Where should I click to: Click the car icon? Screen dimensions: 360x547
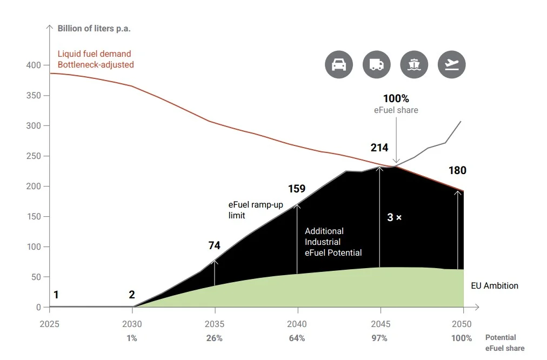pyautogui.click(x=338, y=65)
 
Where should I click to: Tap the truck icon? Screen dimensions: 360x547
pyautogui.click(x=376, y=65)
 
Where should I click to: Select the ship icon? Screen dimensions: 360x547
pyautogui.click(x=414, y=65)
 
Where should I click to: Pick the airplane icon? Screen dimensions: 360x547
pyautogui.click(x=451, y=65)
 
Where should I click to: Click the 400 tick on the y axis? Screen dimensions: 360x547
pyautogui.click(x=34, y=65)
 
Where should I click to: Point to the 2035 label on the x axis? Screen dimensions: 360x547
pyautogui.click(x=215, y=324)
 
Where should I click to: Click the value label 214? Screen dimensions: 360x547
pyautogui.click(x=380, y=148)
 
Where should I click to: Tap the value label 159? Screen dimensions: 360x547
pyautogui.click(x=296, y=189)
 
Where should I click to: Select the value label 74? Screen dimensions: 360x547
pyautogui.click(x=214, y=245)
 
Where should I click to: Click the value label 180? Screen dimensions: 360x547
pyautogui.click(x=457, y=171)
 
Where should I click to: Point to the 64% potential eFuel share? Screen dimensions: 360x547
pyautogui.click(x=297, y=338)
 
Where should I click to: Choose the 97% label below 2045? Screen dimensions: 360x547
pyautogui.click(x=379, y=338)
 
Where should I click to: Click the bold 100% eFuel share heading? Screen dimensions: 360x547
pyautogui.click(x=396, y=98)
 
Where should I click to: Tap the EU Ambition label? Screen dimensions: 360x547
pyautogui.click(x=495, y=285)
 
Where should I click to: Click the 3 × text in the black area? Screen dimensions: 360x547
pyautogui.click(x=394, y=218)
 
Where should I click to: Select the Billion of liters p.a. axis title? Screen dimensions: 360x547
pyautogui.click(x=94, y=28)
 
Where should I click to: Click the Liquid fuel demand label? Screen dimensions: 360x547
pyautogui.click(x=95, y=54)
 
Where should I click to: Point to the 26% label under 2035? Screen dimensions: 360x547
pyautogui.click(x=214, y=338)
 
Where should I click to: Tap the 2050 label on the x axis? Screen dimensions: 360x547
pyautogui.click(x=463, y=324)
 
